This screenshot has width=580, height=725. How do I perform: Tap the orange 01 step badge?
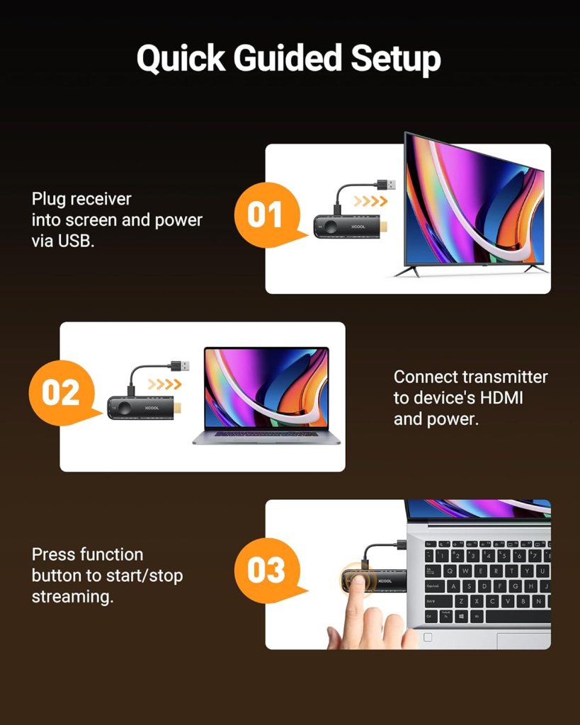pyautogui.click(x=264, y=215)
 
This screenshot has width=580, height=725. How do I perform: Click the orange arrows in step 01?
pyautogui.click(x=370, y=202)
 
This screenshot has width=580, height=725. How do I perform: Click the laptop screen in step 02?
pyautogui.click(x=266, y=387)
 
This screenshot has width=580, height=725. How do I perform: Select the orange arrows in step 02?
pyautogui.click(x=165, y=384)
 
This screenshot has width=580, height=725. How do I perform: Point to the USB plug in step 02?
pyautogui.click(x=179, y=366)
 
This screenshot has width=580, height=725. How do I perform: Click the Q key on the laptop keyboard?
pyautogui.click(x=449, y=571)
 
